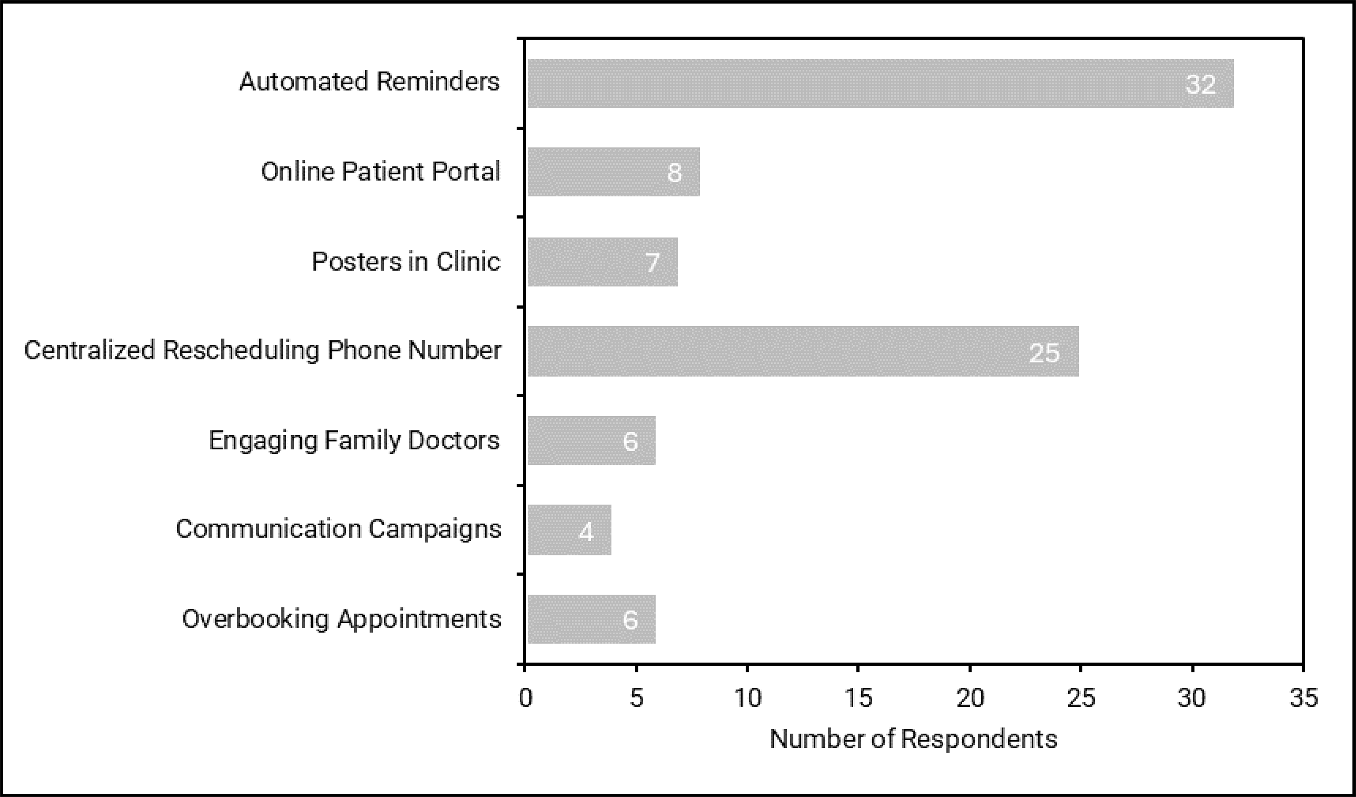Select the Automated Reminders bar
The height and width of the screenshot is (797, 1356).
click(x=880, y=83)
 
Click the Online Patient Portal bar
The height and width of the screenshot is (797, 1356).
click(x=613, y=172)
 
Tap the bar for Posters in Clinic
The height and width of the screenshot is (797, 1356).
click(x=602, y=262)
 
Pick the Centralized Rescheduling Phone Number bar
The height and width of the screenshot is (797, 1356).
click(x=803, y=351)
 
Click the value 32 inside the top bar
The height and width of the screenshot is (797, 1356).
click(x=1201, y=85)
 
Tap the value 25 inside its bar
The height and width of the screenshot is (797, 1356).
click(x=1044, y=353)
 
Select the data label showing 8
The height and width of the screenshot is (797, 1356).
click(x=674, y=173)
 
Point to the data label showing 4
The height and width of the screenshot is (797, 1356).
click(x=586, y=532)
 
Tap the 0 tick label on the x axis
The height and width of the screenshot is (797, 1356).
click(x=526, y=698)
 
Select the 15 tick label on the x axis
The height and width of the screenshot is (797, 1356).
click(x=858, y=698)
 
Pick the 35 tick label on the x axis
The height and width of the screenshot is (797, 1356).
click(x=1304, y=698)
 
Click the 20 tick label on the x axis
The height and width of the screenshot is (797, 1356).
click(x=970, y=698)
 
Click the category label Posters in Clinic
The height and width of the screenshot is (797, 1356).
click(x=406, y=262)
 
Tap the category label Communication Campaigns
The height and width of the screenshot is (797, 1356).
click(x=339, y=529)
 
